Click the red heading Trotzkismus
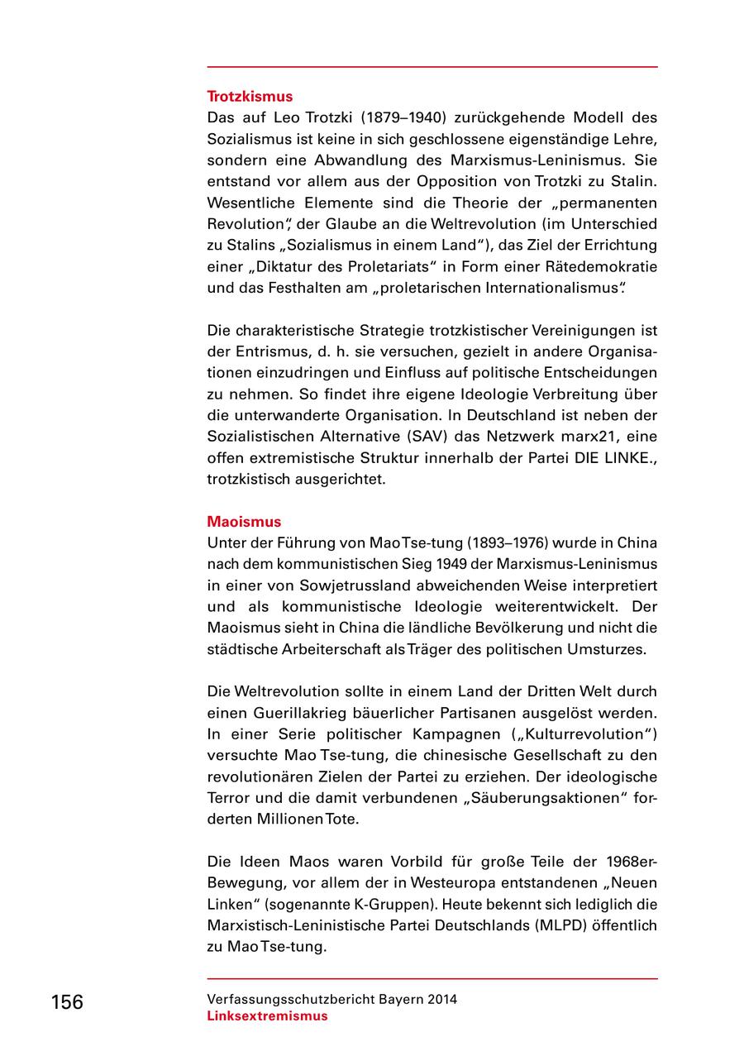249,97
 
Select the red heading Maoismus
244,522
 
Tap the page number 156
67,1002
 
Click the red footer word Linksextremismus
267,1016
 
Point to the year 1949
431,564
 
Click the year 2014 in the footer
441,999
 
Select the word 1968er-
630,862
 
